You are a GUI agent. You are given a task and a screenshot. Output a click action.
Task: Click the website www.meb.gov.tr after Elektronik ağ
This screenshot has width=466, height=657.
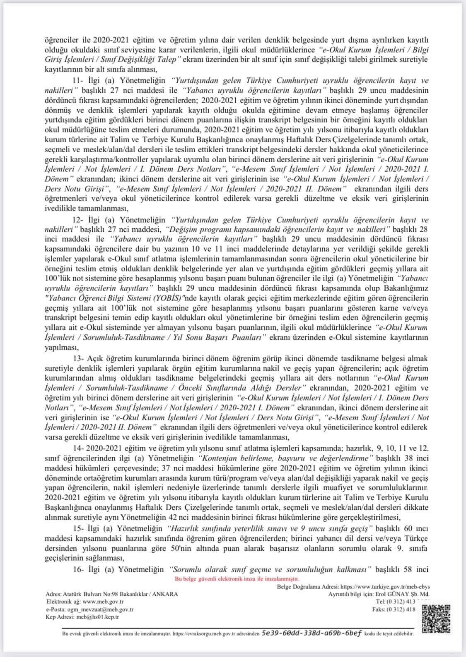click(x=104, y=602)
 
